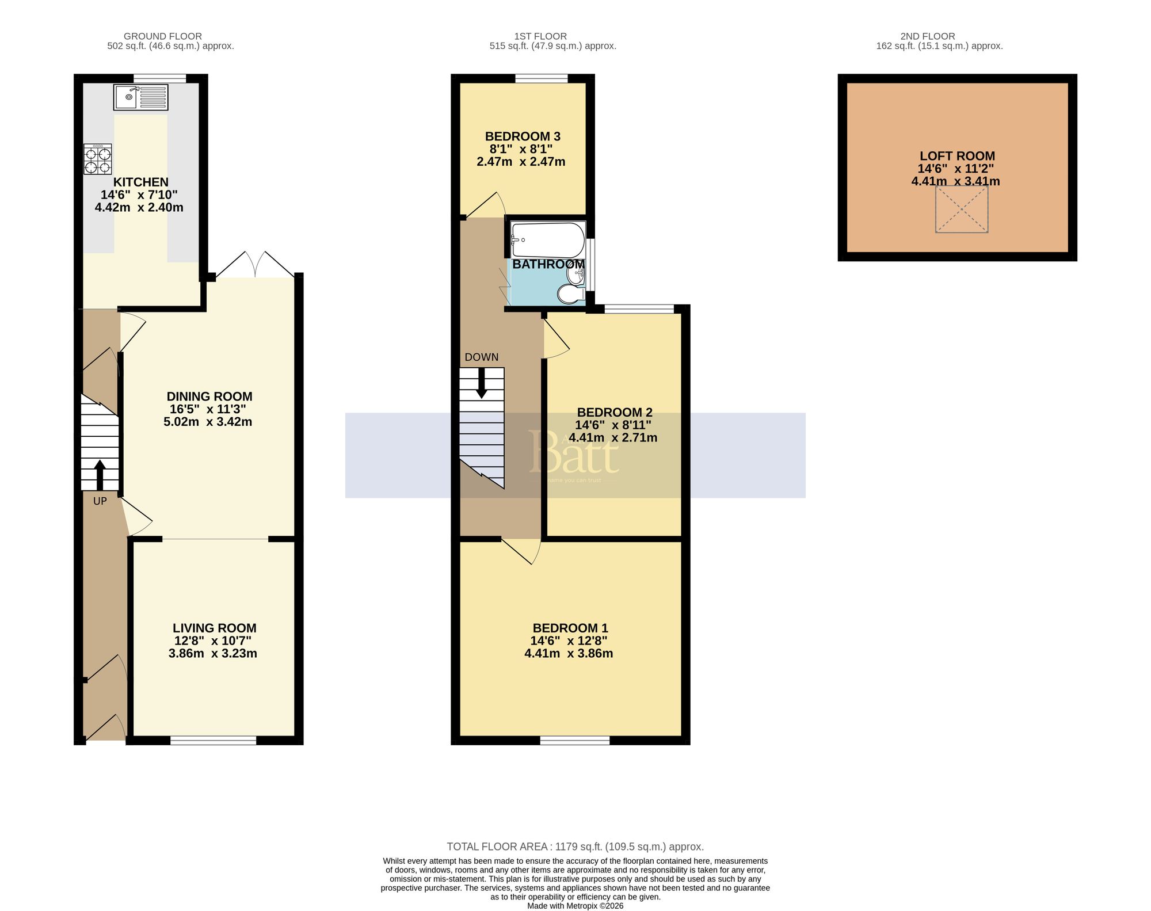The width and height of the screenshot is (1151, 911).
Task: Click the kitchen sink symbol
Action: (x=140, y=97)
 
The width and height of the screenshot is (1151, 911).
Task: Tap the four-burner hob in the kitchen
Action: (x=97, y=159)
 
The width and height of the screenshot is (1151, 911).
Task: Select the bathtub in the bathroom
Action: (x=547, y=240)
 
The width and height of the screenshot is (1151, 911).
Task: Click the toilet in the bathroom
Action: (x=570, y=295)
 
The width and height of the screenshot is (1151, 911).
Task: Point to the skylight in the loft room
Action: (x=961, y=209)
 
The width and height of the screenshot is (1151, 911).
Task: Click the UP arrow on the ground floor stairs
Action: (x=100, y=475)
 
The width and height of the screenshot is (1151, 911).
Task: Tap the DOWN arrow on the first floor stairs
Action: (x=482, y=383)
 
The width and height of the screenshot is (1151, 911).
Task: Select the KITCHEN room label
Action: (x=140, y=182)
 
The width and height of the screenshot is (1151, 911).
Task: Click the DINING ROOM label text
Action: (x=209, y=397)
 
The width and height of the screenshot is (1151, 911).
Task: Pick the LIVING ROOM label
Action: (x=214, y=628)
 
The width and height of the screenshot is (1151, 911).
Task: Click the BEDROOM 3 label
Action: (x=523, y=136)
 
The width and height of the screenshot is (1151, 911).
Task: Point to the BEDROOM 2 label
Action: (x=615, y=413)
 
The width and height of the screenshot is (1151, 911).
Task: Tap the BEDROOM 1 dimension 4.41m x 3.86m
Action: (x=569, y=654)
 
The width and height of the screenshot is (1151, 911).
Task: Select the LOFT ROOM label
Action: (x=957, y=156)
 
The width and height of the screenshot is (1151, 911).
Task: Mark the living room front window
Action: (x=213, y=740)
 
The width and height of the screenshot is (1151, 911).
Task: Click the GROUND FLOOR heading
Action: (x=163, y=36)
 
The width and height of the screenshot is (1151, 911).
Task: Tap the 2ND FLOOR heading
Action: (x=928, y=36)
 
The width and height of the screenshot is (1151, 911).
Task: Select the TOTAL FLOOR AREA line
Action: (x=575, y=847)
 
